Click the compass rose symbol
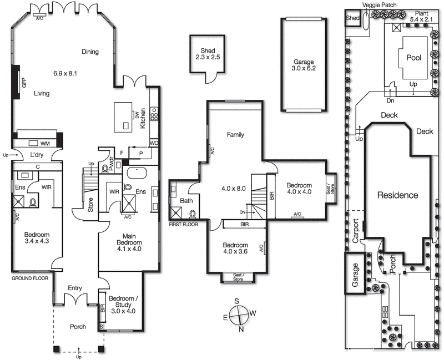point(237,313)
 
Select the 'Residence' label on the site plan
point(397,195)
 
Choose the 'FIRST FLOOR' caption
point(183,224)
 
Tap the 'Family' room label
point(235,135)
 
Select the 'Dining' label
point(90,52)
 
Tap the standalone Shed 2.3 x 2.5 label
point(208,54)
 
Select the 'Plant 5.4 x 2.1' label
point(423,16)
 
